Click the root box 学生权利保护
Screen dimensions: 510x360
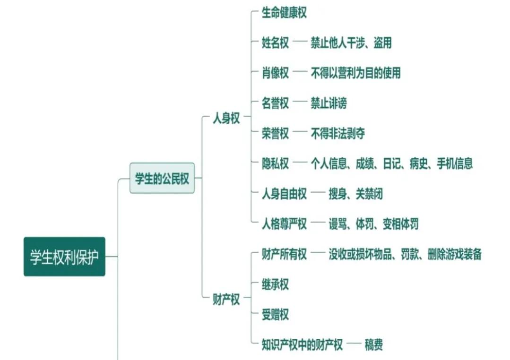tap(64, 257)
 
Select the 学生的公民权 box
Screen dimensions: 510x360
tap(162, 179)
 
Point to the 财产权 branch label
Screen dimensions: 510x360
tap(226, 300)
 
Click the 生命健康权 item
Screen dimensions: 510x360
tap(284, 13)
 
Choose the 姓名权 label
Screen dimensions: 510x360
tap(275, 43)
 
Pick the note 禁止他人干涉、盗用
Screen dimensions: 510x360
tap(351, 43)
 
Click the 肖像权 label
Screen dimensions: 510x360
tap(275, 73)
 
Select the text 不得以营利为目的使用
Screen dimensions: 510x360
tap(355, 73)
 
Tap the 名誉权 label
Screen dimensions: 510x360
tap(275, 103)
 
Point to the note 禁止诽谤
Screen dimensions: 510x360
tap(328, 103)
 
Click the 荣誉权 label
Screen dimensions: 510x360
tap(275, 134)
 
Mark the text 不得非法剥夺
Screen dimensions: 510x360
tap(337, 134)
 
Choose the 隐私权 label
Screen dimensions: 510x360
tap(275, 163)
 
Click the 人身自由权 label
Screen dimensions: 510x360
tap(284, 194)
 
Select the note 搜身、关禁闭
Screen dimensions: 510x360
tap(355, 194)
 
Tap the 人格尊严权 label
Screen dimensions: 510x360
tap(284, 224)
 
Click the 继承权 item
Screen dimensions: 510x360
tap(275, 284)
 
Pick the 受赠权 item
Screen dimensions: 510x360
tap(275, 315)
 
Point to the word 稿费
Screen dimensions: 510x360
tap(373, 345)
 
